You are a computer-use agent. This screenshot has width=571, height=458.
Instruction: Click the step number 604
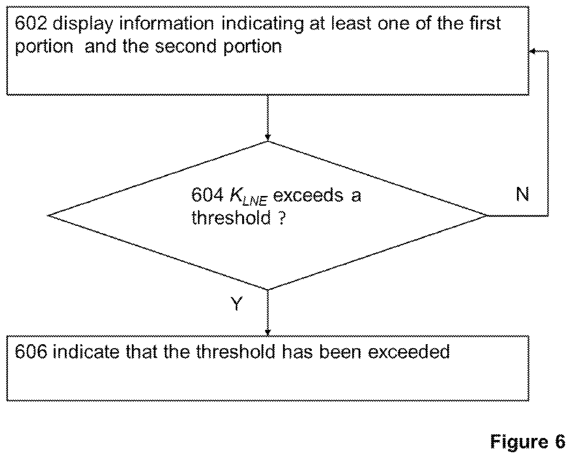point(207,195)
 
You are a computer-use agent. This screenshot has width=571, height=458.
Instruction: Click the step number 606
point(31,351)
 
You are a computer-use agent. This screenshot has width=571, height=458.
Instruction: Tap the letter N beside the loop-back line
point(523,194)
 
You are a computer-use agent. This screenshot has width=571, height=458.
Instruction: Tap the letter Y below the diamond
point(236,303)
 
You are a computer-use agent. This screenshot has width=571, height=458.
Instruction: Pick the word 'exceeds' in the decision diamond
point(308,195)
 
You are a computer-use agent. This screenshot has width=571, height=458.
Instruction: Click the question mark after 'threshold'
point(282,218)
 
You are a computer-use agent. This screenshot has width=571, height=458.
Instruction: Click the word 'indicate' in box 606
point(86,351)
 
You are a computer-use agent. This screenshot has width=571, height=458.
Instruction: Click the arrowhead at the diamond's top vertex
point(268,138)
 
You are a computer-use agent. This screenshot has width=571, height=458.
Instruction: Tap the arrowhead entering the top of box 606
point(268,333)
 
